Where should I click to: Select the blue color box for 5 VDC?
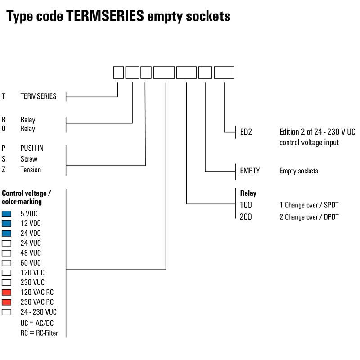pos(6,214)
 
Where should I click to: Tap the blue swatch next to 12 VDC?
pos(6,224)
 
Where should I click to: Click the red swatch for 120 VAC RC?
pos(6,292)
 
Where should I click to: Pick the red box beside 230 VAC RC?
pos(6,302)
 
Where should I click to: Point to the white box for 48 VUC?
pos(6,253)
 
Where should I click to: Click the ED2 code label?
pos(246,132)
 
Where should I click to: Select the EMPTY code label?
pos(250,171)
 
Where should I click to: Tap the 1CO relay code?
pos(246,205)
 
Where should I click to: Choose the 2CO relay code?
pos(246,217)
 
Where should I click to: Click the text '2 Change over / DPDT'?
pos(309,217)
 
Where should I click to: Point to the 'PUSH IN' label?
pos(32,148)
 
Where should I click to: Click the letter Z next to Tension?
pos(4,170)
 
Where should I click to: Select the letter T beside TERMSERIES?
pos(4,96)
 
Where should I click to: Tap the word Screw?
pos(29,159)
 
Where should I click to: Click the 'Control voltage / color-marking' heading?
pos(27,198)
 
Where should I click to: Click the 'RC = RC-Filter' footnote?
pos(39,333)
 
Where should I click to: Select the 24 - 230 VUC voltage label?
pos(39,312)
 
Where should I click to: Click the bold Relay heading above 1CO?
pos(248,193)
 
